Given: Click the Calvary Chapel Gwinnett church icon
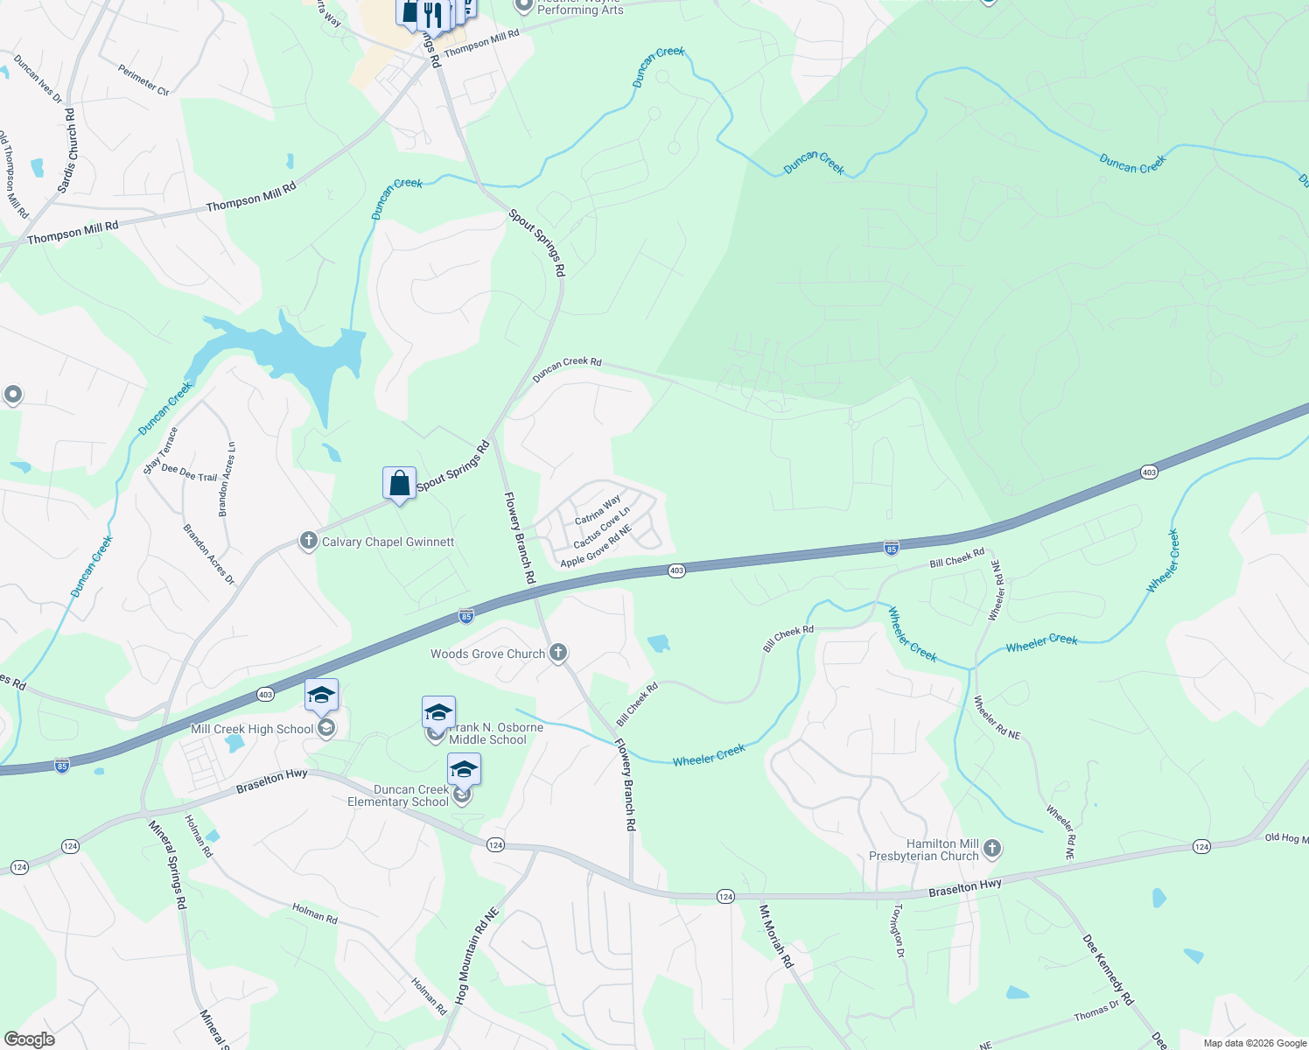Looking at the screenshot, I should point(308,541).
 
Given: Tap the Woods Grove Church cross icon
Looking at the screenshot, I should point(558,653).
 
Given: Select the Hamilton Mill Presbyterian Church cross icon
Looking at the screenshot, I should point(991,848).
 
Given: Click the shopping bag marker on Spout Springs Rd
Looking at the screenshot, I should point(399,484).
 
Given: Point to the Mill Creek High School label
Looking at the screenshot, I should point(252,729).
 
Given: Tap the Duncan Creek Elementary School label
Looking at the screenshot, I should point(398,795).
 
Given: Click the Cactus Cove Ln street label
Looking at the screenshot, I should point(601,528).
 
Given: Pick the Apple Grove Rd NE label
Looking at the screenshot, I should point(596,546).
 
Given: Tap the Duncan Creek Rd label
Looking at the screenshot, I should point(567,368).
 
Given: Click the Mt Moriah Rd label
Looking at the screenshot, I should point(776,936).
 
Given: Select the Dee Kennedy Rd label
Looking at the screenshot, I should point(1108,969).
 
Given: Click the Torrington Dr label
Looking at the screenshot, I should point(898,931).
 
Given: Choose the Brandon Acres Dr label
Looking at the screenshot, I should point(209,554).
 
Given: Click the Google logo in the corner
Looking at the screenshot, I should point(29,1039).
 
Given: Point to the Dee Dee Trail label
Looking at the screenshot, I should point(189,472).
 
